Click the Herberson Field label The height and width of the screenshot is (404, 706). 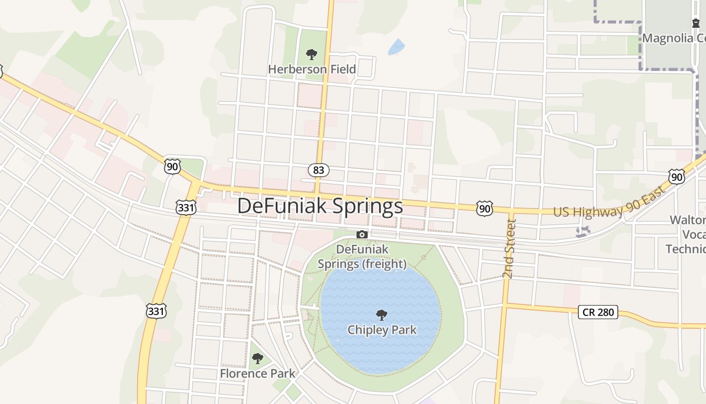coord(312,69)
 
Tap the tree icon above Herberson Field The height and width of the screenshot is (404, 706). coord(312,54)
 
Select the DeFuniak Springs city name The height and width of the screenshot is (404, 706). coord(320,206)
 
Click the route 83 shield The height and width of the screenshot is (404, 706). coord(319,170)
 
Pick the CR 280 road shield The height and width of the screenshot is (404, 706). coord(598,312)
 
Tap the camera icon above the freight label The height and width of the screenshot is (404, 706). coord(362,234)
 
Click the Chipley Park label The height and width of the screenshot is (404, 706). coord(382,330)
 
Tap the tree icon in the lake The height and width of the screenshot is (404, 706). coord(382,316)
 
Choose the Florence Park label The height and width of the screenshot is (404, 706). coord(257,374)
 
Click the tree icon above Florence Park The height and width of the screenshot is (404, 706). coord(257,359)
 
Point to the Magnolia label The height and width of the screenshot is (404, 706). coord(674,38)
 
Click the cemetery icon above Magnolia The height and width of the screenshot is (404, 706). coord(696,23)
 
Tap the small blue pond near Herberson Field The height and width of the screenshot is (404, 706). coord(396,47)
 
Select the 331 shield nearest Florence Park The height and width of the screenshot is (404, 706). coord(156,312)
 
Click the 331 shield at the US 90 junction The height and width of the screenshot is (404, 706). coord(186,207)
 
